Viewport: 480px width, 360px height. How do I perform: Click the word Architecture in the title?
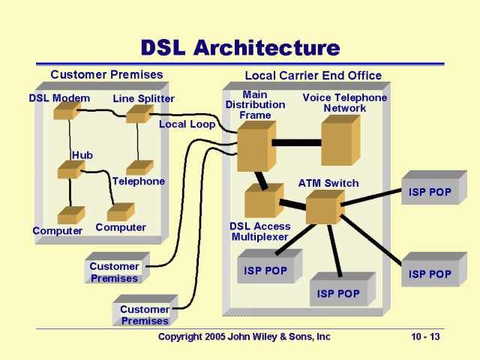pyautogui.click(x=266, y=48)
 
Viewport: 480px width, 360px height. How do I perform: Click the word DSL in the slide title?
pyautogui.click(x=163, y=48)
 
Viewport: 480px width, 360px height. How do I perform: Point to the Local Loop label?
pyautogui.click(x=187, y=124)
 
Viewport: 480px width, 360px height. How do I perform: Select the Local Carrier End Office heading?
pyautogui.click(x=313, y=76)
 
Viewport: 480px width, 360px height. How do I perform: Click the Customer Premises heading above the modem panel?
pyautogui.click(x=106, y=74)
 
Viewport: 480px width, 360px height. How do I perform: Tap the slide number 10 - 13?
pyautogui.click(x=425, y=337)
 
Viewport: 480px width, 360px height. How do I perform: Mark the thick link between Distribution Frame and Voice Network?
pyautogui.click(x=296, y=142)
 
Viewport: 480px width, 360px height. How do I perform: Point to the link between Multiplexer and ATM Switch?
pyautogui.click(x=292, y=203)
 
